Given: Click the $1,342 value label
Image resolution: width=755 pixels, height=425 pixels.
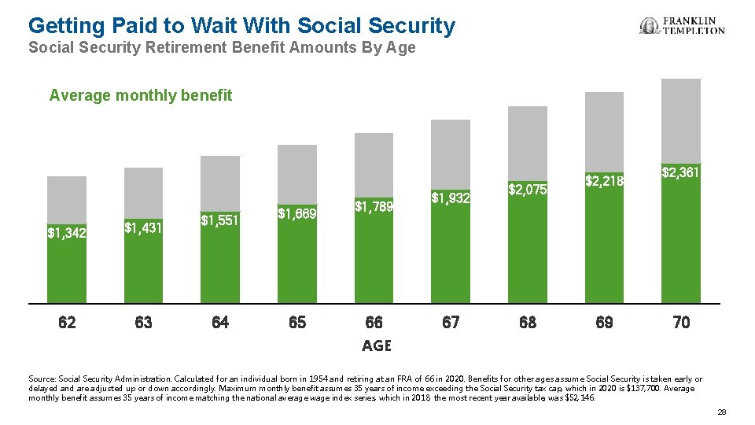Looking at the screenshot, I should (67, 233).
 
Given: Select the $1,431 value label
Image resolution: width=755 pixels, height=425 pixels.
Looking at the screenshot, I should (144, 227).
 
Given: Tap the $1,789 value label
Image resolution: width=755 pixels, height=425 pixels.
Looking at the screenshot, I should (374, 207).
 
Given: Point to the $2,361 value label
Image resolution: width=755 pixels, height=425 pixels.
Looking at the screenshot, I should (680, 172).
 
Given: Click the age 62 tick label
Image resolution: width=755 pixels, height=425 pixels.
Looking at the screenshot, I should (68, 322).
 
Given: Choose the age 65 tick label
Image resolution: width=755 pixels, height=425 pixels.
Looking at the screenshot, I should (297, 322).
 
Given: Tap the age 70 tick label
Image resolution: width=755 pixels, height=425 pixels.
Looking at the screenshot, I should (681, 322).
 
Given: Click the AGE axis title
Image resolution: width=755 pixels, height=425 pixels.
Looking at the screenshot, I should (376, 346).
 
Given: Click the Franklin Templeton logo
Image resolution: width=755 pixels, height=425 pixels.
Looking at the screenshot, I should (682, 26).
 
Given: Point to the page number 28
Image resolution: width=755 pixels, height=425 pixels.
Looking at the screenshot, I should (722, 412).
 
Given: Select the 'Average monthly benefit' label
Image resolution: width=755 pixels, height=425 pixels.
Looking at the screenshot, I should (141, 96).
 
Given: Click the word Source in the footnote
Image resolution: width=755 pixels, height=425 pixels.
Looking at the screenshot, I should (41, 379).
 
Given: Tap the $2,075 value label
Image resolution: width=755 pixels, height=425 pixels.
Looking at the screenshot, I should (527, 190).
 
